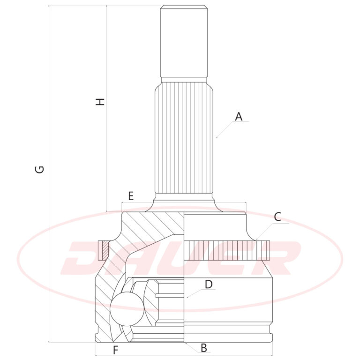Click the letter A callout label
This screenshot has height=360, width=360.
239,117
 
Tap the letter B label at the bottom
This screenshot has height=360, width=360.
203,348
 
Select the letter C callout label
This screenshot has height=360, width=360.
277,217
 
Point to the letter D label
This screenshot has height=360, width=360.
209,285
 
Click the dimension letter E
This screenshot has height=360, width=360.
131,196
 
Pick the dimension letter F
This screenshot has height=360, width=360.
115,350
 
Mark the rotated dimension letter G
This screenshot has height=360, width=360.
39,169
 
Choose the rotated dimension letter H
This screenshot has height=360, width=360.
100,102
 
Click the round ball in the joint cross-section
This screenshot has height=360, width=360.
127,309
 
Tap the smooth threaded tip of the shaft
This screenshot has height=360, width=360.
184,41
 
